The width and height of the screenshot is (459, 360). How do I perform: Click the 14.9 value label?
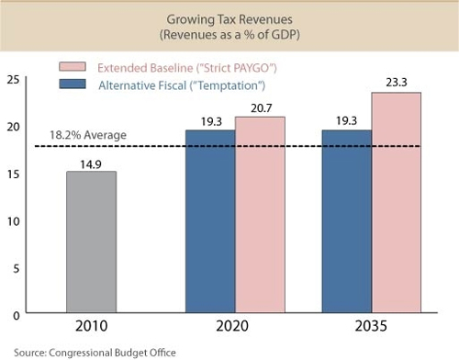[x=91, y=163]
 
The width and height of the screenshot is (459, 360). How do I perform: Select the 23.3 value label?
[x=397, y=84]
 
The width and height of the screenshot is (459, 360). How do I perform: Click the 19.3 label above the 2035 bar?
[x=347, y=121]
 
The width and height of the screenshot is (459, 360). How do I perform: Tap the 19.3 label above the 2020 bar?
[x=210, y=121]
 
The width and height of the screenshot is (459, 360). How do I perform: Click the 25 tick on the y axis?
[x=13, y=80]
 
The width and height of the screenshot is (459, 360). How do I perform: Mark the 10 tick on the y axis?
[x=13, y=220]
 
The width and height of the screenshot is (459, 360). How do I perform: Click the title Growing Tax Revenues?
[x=229, y=18]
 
